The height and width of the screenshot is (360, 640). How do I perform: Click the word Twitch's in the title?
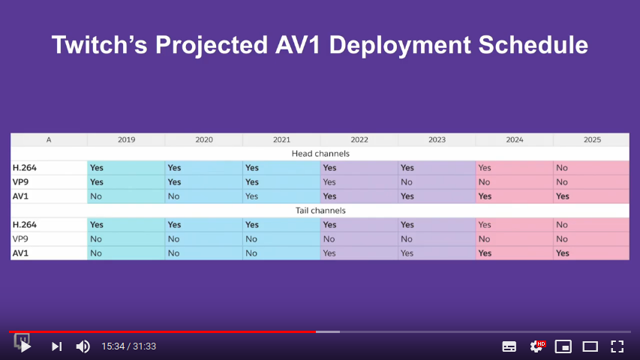pos(99,44)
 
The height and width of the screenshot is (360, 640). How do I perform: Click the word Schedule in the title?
pos(533,44)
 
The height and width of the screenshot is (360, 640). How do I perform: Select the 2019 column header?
pos(126,139)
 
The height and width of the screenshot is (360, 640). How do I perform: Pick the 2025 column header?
pos(592,139)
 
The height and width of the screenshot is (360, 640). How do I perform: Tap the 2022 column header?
pos(359,139)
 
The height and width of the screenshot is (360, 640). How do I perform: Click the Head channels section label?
pos(320,154)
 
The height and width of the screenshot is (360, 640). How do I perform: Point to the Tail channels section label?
pos(320,210)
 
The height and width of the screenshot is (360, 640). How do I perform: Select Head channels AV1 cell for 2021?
pos(281,196)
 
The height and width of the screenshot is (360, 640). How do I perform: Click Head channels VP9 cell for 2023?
pos(437,182)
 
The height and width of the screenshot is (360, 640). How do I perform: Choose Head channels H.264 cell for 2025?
pos(591,168)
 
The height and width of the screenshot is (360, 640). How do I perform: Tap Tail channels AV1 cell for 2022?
pos(359,253)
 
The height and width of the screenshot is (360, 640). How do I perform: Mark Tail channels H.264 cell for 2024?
pos(514,224)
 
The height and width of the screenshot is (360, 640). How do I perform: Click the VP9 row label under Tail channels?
pos(20,238)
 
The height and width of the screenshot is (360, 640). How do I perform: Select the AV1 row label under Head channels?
pos(20,196)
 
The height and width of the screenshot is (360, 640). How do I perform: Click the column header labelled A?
pos(49,139)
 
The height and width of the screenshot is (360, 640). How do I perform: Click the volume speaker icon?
pos(83,346)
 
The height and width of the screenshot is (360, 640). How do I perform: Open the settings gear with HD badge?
pos(536,346)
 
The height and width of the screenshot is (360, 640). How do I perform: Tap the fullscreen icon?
pos(617,346)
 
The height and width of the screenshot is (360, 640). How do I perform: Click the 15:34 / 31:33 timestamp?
pos(128,346)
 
